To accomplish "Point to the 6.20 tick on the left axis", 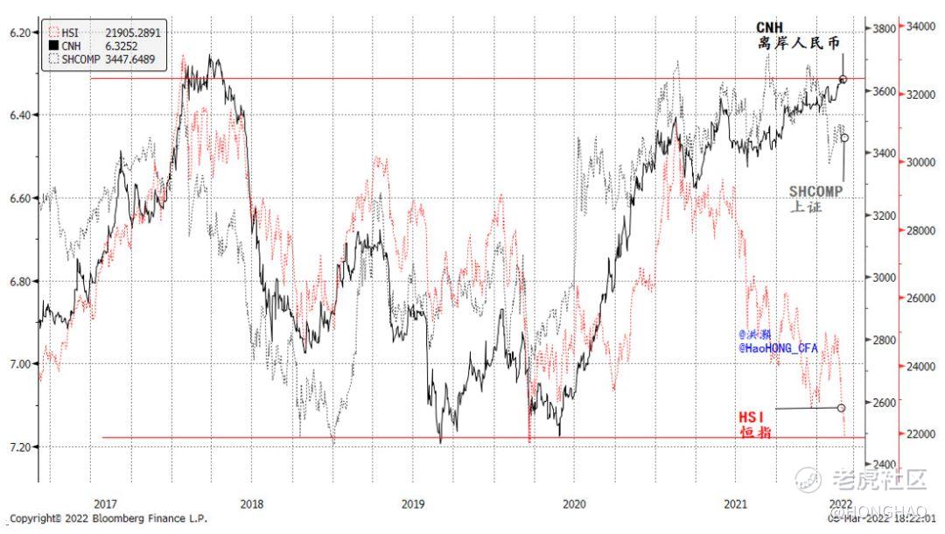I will point(19,32).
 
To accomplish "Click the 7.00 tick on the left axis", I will point(19,363).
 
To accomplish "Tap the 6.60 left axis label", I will point(19,198).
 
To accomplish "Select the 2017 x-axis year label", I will point(105,503).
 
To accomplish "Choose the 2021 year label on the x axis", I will point(736,503).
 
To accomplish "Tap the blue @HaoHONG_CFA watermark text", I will point(778,348).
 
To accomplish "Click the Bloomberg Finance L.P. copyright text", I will point(108,519).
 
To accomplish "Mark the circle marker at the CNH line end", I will point(843,79).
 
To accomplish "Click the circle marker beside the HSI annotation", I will point(841,408).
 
